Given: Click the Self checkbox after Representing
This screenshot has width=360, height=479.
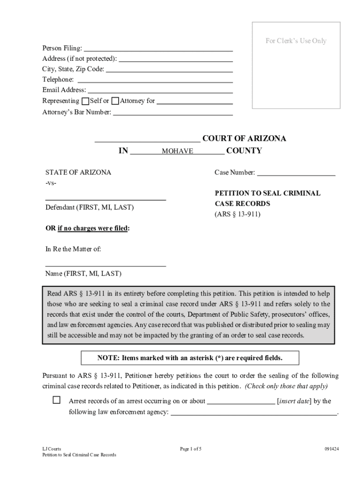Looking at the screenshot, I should (85, 101).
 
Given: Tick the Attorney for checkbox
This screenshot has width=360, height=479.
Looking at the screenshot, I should (115, 101).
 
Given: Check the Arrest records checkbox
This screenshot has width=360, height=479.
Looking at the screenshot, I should (57, 400).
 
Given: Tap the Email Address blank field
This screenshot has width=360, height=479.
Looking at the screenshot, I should (160, 90).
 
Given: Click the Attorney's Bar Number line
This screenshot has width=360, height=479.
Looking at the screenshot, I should (173, 112).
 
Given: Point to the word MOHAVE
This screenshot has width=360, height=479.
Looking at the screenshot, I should (177, 152).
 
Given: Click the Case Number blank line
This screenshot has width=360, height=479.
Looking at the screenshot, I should (296, 173).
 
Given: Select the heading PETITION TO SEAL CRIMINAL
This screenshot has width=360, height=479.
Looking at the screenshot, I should (267, 193).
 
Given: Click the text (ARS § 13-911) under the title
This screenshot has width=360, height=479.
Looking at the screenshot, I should (238, 215).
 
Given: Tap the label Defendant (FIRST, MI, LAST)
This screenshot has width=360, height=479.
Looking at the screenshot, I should (89, 207).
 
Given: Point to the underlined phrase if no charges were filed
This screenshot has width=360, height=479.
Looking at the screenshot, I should (93, 228).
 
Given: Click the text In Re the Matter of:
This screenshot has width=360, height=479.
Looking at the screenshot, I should (73, 249).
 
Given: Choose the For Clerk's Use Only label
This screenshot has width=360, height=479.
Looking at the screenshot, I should (296, 41).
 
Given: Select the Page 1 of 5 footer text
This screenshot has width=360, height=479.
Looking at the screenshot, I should (191, 449).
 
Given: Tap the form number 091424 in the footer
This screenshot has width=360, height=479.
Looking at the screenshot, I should (331, 449).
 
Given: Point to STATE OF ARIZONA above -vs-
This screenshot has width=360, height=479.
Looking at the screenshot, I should (78, 173).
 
